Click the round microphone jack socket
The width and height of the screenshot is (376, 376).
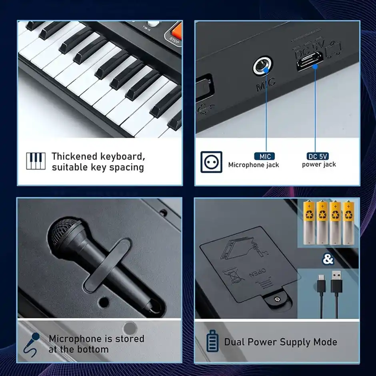point(262,66)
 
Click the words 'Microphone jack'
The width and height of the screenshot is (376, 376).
point(254,165)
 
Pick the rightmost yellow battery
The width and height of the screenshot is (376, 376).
point(348,222)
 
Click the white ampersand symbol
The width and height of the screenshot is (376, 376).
point(328,260)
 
